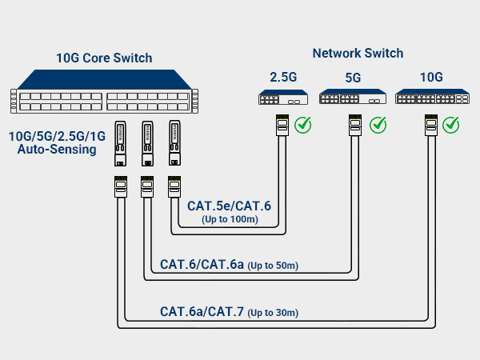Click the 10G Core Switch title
pos(103,58)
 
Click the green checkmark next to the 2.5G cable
pos(303,125)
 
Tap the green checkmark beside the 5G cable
pos(378,125)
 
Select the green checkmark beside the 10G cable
pos(451,125)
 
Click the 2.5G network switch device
pos(282,98)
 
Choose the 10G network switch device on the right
pos(430,98)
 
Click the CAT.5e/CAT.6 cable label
pos(229,206)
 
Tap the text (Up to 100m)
pos(229,219)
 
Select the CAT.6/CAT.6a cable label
pos(202,264)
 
